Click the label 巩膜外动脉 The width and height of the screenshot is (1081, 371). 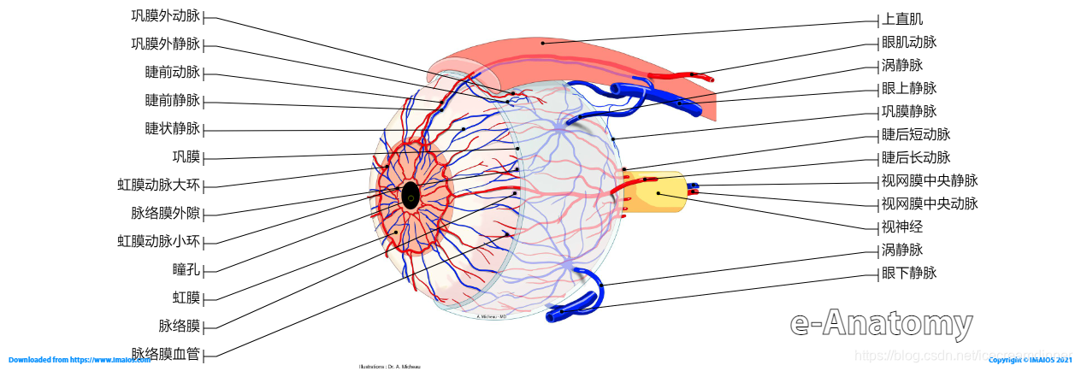point(165,16)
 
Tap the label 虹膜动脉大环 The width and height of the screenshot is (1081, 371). point(158,185)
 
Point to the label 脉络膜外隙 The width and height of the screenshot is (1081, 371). point(165,213)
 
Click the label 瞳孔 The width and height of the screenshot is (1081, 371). point(186,269)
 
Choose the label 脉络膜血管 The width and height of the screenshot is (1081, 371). point(165,354)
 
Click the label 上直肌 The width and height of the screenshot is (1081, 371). point(902,19)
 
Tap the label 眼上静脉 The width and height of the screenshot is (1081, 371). point(909,88)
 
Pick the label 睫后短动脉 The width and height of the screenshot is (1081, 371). point(916,134)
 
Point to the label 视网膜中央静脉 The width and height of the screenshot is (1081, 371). point(930,180)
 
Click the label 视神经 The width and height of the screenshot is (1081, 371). point(902,227)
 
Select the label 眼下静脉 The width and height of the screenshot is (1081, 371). point(909,274)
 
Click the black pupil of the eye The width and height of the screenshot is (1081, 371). point(411,196)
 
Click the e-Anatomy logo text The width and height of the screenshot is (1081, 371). point(881,324)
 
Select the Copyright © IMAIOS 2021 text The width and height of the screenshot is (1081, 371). point(1031,361)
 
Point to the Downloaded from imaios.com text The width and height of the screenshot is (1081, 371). point(74,361)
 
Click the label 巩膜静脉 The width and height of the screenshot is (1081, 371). point(909,111)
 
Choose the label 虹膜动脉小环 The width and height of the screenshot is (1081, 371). point(158,241)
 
